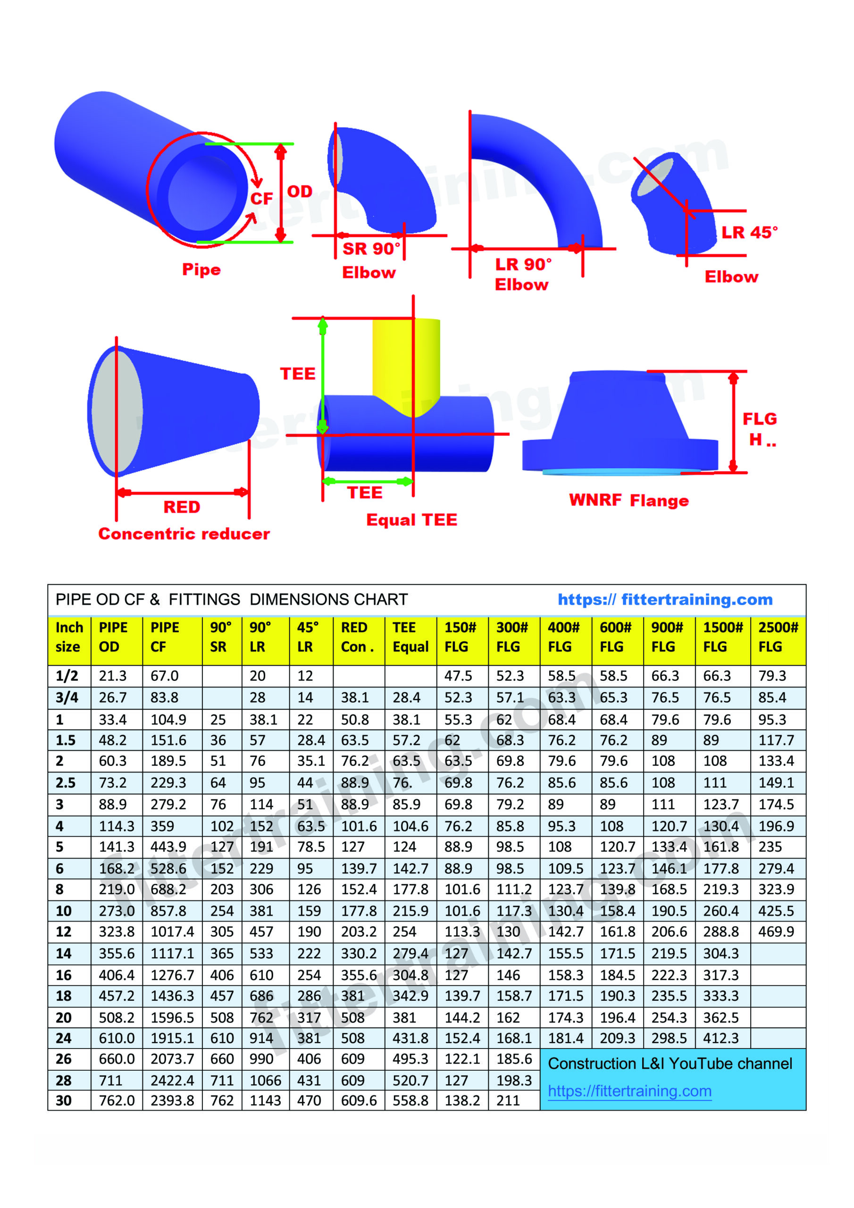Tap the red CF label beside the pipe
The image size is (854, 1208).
point(261,198)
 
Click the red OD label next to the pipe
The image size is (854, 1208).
point(300,191)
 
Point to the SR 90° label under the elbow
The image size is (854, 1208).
point(371,248)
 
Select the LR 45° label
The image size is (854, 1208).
point(749,232)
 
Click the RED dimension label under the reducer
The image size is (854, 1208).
point(182,507)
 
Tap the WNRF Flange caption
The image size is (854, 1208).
point(629,500)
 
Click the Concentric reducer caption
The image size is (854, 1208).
point(184,534)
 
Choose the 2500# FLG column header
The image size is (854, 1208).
point(778,637)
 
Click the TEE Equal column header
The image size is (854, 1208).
point(410,637)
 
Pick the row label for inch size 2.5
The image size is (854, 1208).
point(65,782)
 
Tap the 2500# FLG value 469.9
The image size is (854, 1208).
point(776,932)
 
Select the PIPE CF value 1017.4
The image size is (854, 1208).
point(172,932)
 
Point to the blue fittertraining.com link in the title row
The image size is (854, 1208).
point(665,599)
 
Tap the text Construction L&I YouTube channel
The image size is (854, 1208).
point(670,1063)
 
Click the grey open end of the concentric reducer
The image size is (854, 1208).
point(117,411)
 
